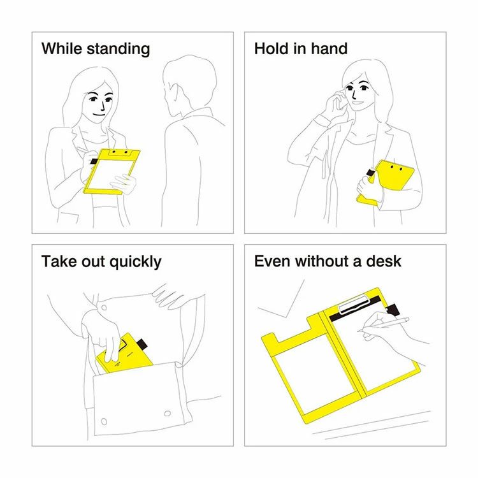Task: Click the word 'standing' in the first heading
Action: point(119,49)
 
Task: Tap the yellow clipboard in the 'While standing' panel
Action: point(112,171)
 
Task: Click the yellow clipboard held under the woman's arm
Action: point(385,182)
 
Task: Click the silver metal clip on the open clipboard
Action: point(354,304)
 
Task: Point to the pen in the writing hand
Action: point(383,325)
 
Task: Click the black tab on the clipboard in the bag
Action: point(141,344)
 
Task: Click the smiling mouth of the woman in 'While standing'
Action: point(99,115)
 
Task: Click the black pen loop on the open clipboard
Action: point(393,309)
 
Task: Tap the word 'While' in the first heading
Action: point(62,48)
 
